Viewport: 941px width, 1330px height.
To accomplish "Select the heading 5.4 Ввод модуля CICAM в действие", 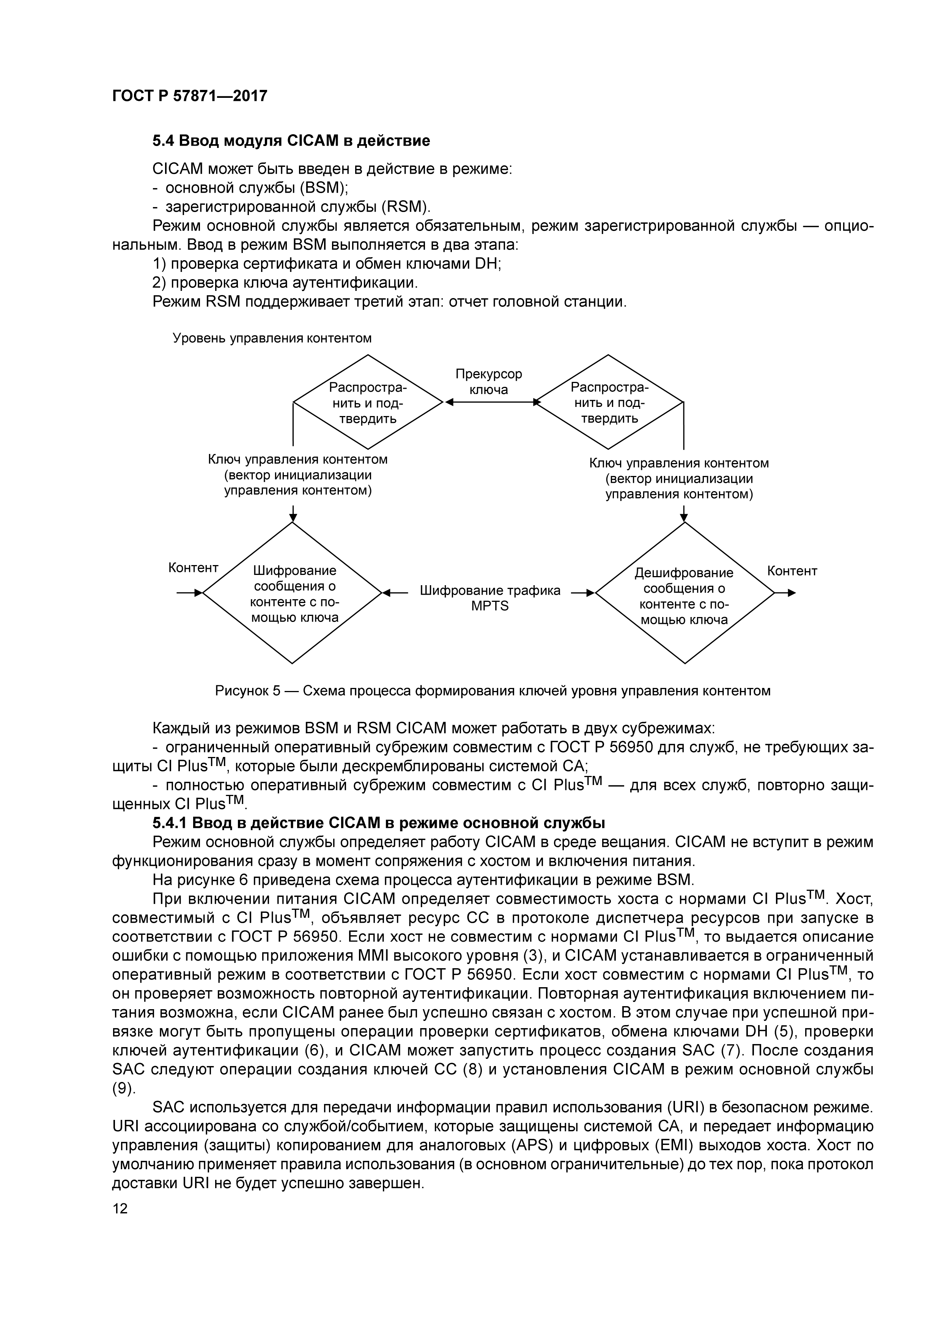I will pos(291,141).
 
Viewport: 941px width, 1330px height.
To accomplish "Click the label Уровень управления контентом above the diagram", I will pos(272,338).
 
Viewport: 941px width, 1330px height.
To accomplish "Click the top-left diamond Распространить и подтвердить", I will pos(368,402).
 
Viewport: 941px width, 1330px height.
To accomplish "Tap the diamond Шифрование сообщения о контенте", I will pos(293,593).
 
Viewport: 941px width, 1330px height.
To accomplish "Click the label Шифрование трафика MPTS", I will pos(489,598).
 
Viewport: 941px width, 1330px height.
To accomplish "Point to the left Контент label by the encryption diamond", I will pos(193,568).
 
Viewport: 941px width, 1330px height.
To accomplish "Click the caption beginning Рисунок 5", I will pos(493,691).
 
